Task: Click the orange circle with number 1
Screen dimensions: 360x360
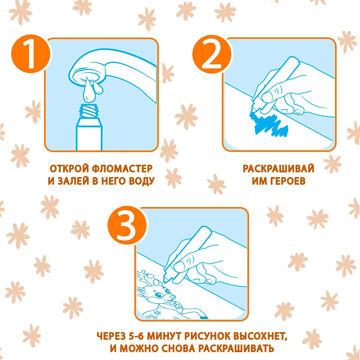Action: (x=31, y=54)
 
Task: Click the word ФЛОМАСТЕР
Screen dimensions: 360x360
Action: (x=122, y=169)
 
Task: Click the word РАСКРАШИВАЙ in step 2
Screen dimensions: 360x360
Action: (x=278, y=169)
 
